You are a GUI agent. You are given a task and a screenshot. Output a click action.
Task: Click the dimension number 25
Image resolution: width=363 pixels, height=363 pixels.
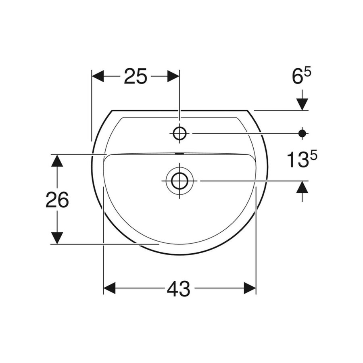pos(135,76)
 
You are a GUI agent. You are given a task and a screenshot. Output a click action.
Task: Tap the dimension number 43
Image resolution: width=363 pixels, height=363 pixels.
pos(179,288)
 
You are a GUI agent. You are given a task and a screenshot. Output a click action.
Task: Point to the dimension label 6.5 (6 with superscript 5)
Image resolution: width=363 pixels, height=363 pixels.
pos(302,77)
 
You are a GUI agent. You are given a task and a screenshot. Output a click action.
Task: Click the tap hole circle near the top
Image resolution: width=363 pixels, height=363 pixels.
pos(179,133)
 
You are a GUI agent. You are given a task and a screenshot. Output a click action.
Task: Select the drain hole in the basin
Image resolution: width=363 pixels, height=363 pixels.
pos(179,181)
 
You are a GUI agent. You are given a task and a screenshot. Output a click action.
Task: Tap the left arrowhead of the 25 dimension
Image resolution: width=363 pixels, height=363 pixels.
pos(98,76)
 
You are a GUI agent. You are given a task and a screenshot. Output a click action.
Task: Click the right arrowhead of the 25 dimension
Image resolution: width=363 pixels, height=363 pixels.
pos(173,76)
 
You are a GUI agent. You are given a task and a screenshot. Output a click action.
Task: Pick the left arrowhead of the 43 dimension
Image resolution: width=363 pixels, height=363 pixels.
pos(110,288)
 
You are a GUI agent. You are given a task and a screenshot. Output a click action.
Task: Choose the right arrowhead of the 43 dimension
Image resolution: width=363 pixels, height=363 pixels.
pos(250,288)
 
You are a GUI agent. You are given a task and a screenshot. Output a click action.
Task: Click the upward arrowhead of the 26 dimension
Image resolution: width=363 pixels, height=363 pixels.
pos(58,161)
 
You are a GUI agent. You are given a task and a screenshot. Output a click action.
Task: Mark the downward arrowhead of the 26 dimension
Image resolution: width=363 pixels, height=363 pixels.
pos(58,238)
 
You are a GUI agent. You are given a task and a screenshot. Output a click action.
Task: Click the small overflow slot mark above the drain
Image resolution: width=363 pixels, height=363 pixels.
pos(179,154)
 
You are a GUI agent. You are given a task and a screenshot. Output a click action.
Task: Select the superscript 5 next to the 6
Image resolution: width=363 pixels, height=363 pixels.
pos(308,72)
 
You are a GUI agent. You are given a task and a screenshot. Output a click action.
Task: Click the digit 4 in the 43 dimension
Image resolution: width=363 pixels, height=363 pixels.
pos(173,288)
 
